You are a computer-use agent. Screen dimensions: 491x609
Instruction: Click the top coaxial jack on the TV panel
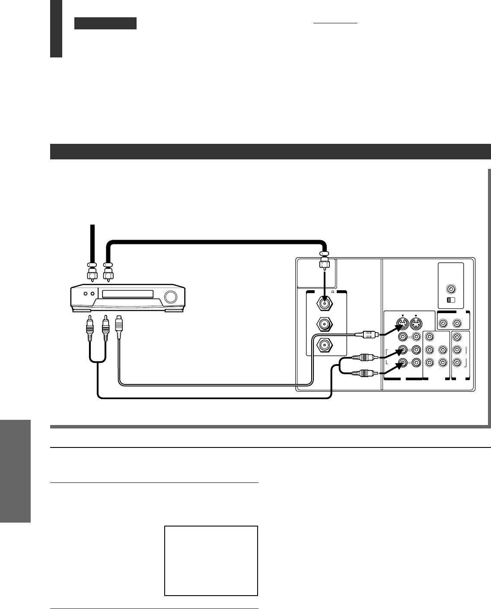(x=324, y=303)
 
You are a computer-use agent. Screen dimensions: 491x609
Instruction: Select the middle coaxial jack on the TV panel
(x=324, y=324)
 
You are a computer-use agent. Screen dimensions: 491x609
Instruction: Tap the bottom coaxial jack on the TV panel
(x=324, y=344)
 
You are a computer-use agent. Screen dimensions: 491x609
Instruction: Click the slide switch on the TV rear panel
(x=451, y=300)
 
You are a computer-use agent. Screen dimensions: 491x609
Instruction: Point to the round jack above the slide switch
(x=451, y=289)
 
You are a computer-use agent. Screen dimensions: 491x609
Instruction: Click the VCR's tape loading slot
(x=128, y=294)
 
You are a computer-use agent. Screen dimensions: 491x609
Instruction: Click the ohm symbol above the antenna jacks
(x=333, y=292)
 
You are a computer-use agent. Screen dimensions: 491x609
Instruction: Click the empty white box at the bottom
(x=211, y=561)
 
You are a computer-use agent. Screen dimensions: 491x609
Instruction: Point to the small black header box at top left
(x=105, y=23)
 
